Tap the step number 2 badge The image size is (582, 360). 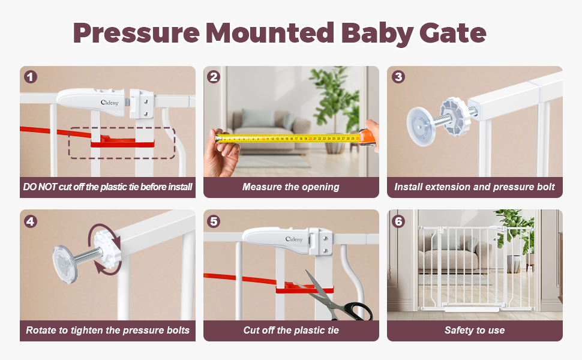coord(214,77)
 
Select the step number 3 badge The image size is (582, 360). coord(398,77)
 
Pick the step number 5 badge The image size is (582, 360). coord(214,221)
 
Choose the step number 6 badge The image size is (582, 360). coord(398,221)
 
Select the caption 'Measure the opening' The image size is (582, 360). coord(291,187)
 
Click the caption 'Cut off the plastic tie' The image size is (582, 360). coord(291,331)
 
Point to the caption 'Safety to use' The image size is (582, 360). coord(475,331)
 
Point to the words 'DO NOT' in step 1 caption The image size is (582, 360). coord(37,187)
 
